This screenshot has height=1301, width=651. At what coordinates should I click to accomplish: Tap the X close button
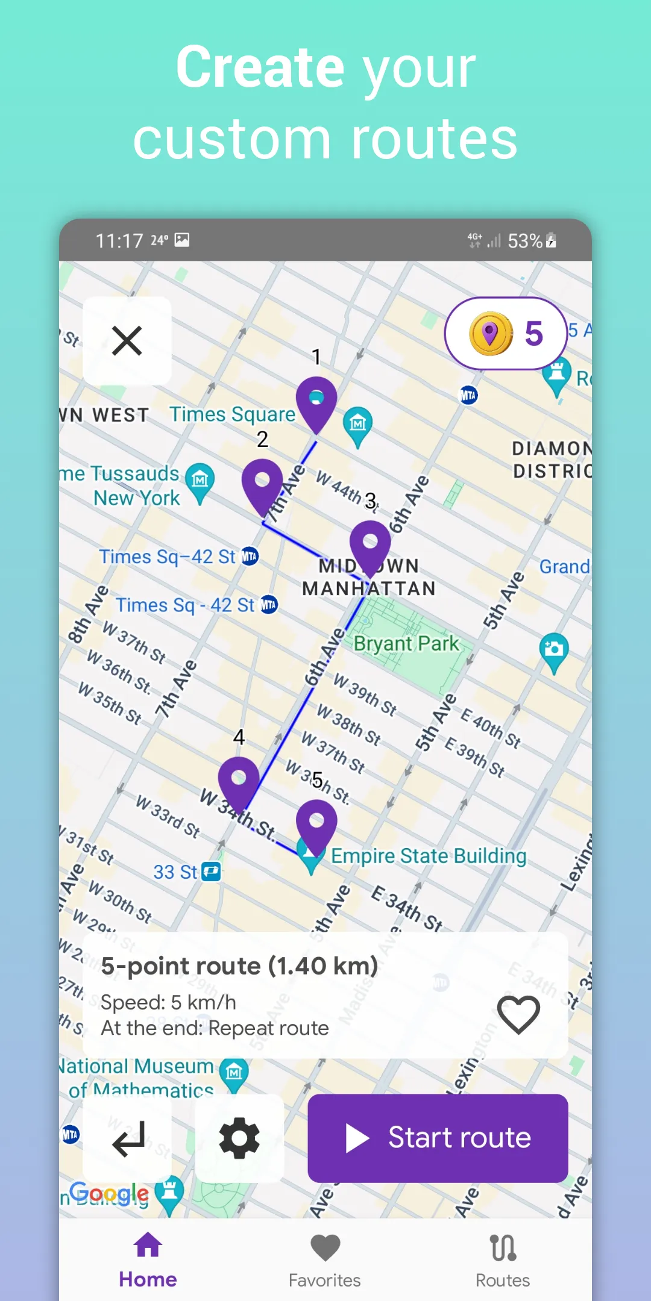point(127,341)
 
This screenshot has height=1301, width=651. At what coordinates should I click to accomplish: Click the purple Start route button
point(438,1138)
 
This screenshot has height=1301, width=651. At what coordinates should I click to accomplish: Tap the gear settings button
point(239,1138)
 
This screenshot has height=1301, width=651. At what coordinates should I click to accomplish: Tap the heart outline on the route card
point(518,1014)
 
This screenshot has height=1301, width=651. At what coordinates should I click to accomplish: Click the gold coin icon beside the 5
point(491,333)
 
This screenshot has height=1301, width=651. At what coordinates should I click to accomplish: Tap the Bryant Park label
point(406,643)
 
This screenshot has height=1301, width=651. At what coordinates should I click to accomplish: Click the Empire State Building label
point(429,856)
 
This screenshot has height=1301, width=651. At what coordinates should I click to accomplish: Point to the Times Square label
point(232,414)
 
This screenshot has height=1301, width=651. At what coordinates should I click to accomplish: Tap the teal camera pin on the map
point(554,650)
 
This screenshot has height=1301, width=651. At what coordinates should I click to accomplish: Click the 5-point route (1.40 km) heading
point(239,966)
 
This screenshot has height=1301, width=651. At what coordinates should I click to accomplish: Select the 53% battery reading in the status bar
point(525,241)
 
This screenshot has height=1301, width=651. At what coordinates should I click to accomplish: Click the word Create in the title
point(260,67)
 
